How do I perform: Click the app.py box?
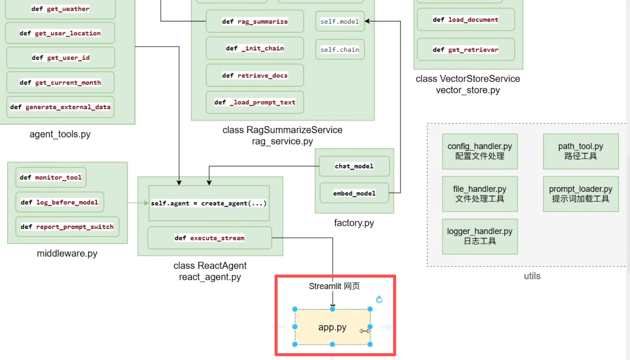click(333, 327)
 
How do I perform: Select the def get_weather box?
click(60, 9)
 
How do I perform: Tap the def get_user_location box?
click(60, 33)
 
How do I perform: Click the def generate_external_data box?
click(61, 107)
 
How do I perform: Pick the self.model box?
click(340, 21)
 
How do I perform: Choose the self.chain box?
click(340, 50)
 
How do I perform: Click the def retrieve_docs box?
click(255, 76)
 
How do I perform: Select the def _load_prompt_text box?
click(255, 102)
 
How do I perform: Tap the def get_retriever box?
click(466, 50)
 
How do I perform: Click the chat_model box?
click(354, 166)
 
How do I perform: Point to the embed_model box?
click(354, 193)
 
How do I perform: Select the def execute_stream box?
click(209, 238)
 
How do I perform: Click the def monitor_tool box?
click(51, 177)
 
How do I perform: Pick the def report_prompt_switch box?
click(67, 227)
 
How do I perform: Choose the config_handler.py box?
click(480, 151)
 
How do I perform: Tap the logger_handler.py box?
click(480, 236)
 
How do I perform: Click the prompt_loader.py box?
click(581, 194)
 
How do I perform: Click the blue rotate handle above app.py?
click(379, 299)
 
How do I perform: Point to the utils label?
click(532, 276)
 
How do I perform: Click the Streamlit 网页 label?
click(334, 286)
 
